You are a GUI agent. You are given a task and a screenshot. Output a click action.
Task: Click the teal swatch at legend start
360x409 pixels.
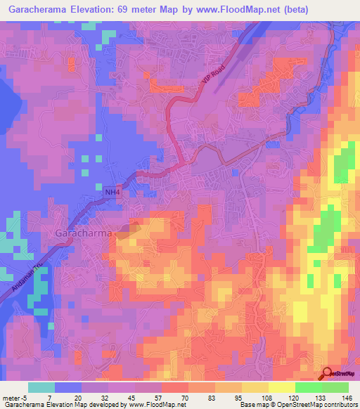pyautogui.click(x=41, y=387)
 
